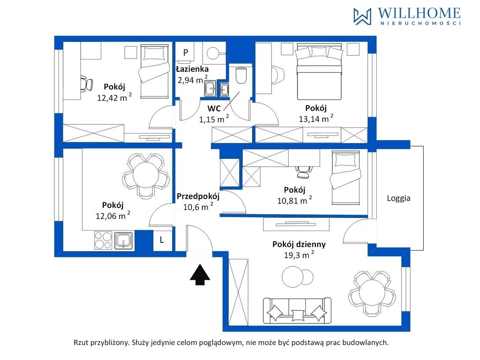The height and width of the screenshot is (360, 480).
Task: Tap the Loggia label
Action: pyautogui.click(x=398, y=198)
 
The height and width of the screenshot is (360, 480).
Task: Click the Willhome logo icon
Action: pyautogui.click(x=362, y=16)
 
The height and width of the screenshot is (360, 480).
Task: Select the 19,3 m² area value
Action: pyautogui.click(x=299, y=255)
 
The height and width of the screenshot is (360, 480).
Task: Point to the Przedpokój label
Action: pyautogui.click(x=198, y=196)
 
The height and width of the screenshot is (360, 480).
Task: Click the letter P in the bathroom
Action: pyautogui.click(x=185, y=52)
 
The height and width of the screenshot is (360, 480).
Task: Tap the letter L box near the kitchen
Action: pyautogui.click(x=162, y=240)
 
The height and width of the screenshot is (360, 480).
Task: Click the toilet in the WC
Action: pyautogui.click(x=241, y=75)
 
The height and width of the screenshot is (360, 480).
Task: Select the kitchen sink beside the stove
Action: pyautogui.click(x=124, y=240)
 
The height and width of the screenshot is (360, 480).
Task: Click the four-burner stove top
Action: pyautogui.click(x=103, y=240)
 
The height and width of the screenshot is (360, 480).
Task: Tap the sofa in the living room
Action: pyautogui.click(x=297, y=310)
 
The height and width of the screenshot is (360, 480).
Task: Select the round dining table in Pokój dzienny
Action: pyautogui.click(x=372, y=293)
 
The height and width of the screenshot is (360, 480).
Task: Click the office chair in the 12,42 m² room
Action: pyautogui.click(x=86, y=83)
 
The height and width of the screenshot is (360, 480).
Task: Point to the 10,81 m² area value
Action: pyautogui.click(x=295, y=200)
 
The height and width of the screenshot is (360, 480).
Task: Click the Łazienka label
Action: pyautogui.click(x=192, y=69)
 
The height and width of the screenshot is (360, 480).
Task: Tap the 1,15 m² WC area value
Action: pyautogui.click(x=214, y=119)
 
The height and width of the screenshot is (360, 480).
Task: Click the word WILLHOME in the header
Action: pyautogui.click(x=419, y=13)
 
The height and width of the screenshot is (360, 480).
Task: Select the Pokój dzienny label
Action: pyautogui.click(x=299, y=244)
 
